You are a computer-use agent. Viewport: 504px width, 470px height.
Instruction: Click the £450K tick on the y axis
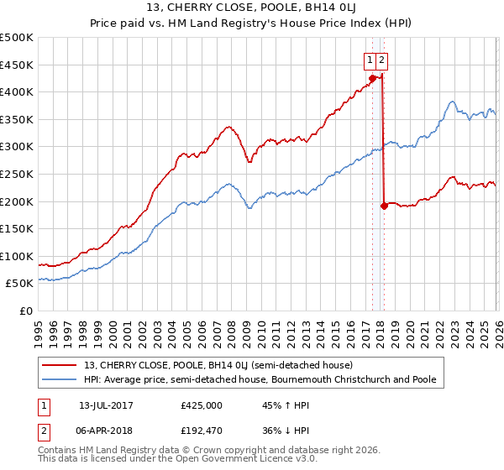pos(17,65)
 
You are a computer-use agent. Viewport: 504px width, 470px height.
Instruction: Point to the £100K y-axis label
pos(17,256)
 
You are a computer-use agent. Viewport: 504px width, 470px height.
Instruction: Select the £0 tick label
pos(25,311)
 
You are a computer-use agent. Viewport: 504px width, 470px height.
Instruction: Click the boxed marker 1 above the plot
pos(370,60)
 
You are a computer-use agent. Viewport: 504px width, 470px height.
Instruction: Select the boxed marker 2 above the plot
pos(381,60)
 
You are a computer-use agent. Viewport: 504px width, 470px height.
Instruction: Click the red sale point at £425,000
pos(371,79)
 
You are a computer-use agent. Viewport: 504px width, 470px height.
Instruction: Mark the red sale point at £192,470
pos(383,205)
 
